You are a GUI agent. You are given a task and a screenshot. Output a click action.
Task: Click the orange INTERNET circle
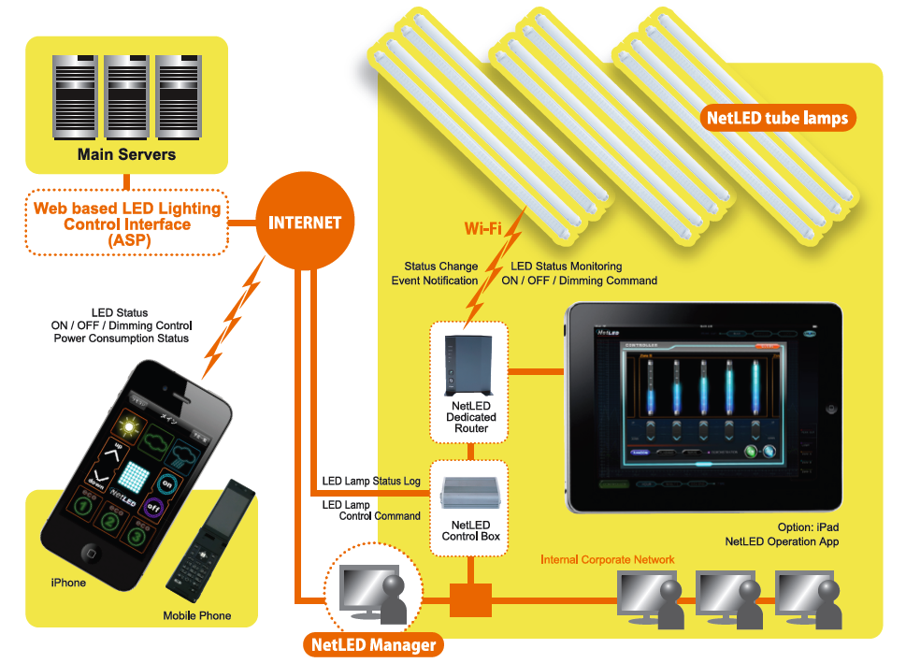click(x=305, y=223)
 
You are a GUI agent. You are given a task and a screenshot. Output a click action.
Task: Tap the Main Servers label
click(x=126, y=154)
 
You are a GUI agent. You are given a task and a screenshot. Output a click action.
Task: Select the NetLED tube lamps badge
click(x=777, y=118)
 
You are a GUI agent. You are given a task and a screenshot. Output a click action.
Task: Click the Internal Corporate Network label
click(x=608, y=559)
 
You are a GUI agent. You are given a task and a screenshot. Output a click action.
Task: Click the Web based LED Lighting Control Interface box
click(x=127, y=223)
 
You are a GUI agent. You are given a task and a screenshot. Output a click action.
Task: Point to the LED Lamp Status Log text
click(x=371, y=481)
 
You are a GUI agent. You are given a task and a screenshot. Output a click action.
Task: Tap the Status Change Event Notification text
click(x=435, y=273)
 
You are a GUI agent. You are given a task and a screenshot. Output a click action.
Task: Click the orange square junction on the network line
click(x=470, y=599)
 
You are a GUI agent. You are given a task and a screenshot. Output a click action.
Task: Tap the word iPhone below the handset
click(x=68, y=583)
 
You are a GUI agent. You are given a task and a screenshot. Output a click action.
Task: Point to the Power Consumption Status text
click(x=121, y=338)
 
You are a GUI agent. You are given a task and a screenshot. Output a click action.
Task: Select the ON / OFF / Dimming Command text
click(x=579, y=281)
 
